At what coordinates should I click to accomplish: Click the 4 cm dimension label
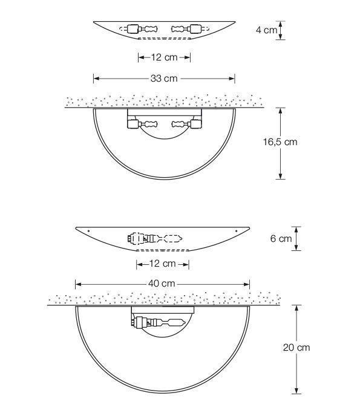(x=266, y=30)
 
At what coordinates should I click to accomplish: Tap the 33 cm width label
(x=164, y=78)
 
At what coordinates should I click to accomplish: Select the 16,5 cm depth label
(x=280, y=141)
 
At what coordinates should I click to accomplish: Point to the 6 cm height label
(x=281, y=238)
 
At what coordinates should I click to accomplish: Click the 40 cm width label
(x=162, y=284)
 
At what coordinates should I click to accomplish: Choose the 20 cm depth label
(x=296, y=347)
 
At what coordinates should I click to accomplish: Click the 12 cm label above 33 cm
(x=164, y=57)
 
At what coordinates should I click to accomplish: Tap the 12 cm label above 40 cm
(x=163, y=264)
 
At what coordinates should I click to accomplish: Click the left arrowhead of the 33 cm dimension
(x=96, y=79)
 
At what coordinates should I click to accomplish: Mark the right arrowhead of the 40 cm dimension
(x=247, y=285)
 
